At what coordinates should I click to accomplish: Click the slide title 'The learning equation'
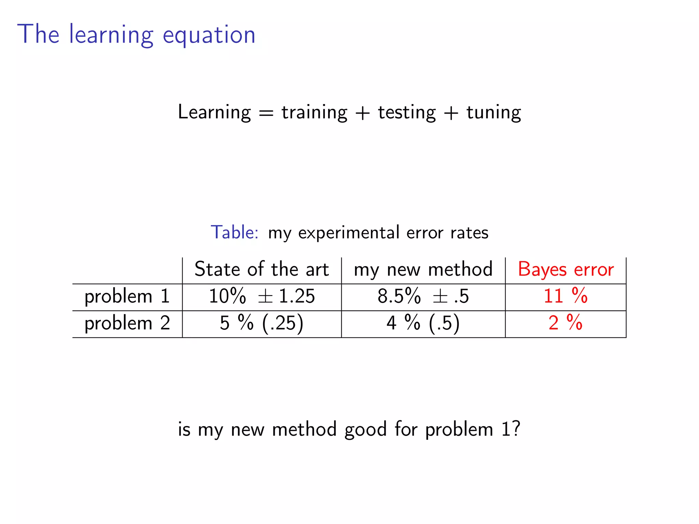[x=136, y=34]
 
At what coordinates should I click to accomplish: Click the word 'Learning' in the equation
[x=214, y=112]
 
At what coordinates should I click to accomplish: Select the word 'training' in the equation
[x=314, y=112]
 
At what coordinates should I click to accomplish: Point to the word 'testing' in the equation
[x=407, y=112]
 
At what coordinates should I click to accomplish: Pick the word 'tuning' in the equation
[x=494, y=112]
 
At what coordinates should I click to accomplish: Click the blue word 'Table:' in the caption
[x=234, y=233]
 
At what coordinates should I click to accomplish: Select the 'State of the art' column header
[x=261, y=269]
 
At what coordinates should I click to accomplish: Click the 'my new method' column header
[x=423, y=270]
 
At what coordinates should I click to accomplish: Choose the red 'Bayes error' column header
[x=566, y=270]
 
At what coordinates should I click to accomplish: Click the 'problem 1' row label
[x=127, y=296]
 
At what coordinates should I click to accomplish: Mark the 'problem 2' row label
[x=127, y=323]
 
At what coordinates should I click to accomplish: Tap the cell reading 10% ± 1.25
[x=261, y=296]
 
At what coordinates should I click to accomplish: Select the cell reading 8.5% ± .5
[x=423, y=296]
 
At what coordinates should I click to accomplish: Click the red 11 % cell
[x=566, y=296]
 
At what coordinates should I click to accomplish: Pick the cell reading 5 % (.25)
[x=261, y=323]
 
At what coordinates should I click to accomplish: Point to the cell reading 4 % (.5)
[x=423, y=323]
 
